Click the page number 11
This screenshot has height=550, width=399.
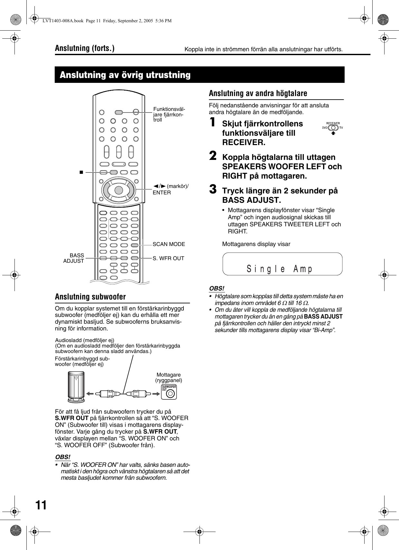click(x=41, y=505)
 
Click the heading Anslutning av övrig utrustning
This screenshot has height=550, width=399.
click(x=125, y=75)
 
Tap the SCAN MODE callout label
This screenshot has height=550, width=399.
click(x=169, y=244)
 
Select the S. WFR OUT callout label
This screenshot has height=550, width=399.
click(x=168, y=258)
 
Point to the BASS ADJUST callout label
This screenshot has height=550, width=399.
click(x=74, y=258)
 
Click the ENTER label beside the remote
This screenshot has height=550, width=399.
click(x=162, y=192)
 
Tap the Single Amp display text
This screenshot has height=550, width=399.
click(x=280, y=269)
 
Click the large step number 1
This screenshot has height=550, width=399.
click(x=212, y=123)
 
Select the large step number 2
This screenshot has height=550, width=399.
click(x=212, y=156)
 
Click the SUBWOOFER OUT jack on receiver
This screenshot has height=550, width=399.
click(x=171, y=393)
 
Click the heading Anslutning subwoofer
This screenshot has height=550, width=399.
click(x=90, y=297)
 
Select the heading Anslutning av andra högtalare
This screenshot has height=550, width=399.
click(x=258, y=93)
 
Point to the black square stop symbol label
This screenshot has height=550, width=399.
click(x=81, y=172)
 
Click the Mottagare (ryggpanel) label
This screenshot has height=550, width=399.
click(x=169, y=378)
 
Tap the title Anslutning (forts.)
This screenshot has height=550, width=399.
click(x=85, y=48)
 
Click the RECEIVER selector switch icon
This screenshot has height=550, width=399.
click(x=333, y=128)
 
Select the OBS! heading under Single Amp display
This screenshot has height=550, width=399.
click(x=217, y=288)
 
